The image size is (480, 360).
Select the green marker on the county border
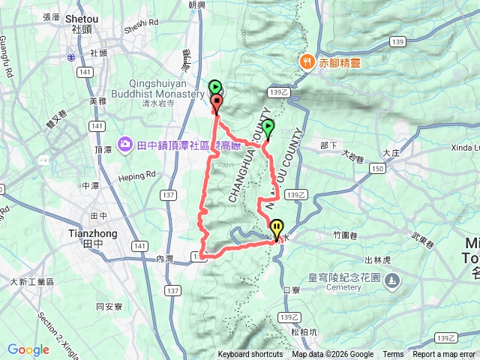click(x=268, y=129)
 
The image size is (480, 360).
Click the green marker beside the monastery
click(x=214, y=88)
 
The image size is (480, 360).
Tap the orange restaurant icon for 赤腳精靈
click(x=306, y=61)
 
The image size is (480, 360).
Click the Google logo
click(x=28, y=349)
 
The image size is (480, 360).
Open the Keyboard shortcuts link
click(x=250, y=355)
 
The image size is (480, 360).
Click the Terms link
click(x=393, y=355)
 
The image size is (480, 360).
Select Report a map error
click(x=445, y=355)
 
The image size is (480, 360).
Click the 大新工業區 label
click(x=32, y=282)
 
